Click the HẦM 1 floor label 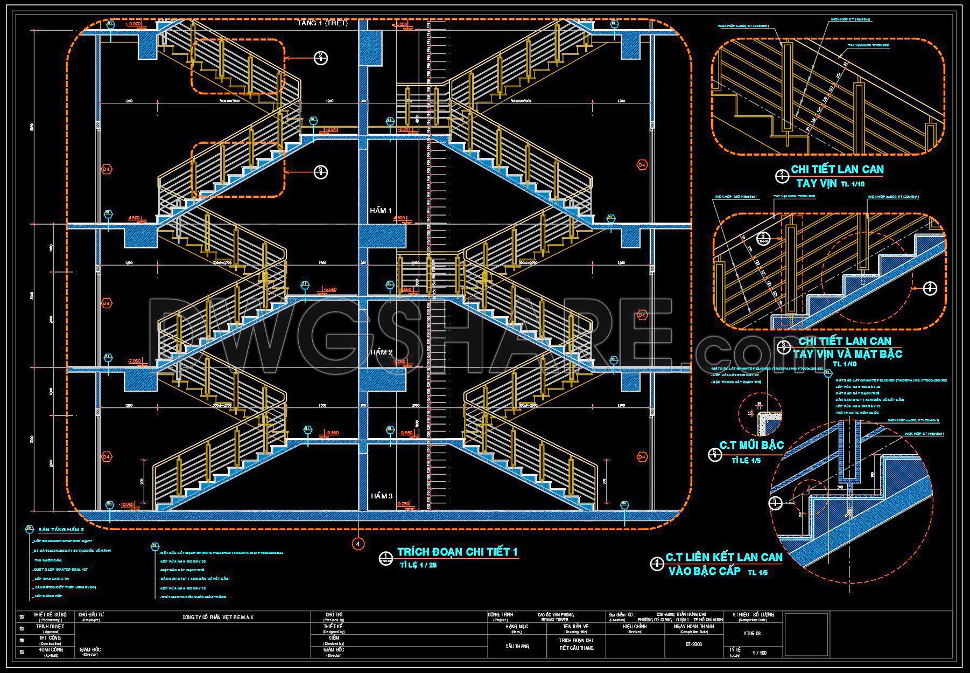click(x=380, y=210)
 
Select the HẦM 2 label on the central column click(x=380, y=352)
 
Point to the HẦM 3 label click(x=380, y=496)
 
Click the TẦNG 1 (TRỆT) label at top click(x=322, y=23)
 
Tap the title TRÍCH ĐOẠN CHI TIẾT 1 click(x=457, y=552)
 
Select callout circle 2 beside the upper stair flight click(x=320, y=57)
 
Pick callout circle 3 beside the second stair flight click(x=320, y=171)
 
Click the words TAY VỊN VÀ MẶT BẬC click(x=847, y=354)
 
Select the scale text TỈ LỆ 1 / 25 click(x=418, y=565)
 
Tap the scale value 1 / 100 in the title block click(x=759, y=653)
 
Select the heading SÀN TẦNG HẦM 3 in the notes click(x=61, y=530)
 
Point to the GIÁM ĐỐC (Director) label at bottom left click(x=89, y=650)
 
